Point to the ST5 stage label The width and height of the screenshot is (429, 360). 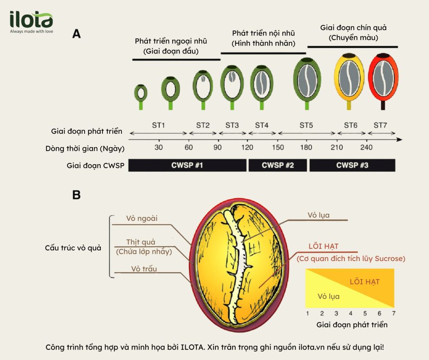[306, 126]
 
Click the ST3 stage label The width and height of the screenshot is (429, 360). [232, 126]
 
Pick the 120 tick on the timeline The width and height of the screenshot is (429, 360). [247, 147]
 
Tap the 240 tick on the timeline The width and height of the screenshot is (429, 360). [366, 147]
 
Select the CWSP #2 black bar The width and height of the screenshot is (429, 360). [278, 165]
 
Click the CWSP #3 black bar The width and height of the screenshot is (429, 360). [353, 165]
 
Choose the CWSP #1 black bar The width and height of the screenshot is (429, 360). [188, 165]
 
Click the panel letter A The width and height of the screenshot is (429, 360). [76, 34]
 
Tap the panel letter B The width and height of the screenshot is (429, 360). [76, 195]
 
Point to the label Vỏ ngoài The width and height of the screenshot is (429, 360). [142, 218]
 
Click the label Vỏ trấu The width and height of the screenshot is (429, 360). [144, 269]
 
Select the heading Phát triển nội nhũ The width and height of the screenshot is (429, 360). [264, 33]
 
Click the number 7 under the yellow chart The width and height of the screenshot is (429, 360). [394, 313]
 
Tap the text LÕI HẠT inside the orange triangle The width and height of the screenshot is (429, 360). [365, 282]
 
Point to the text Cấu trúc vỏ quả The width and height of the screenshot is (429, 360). [73, 248]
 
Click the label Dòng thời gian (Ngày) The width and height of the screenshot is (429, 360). [85, 148]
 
